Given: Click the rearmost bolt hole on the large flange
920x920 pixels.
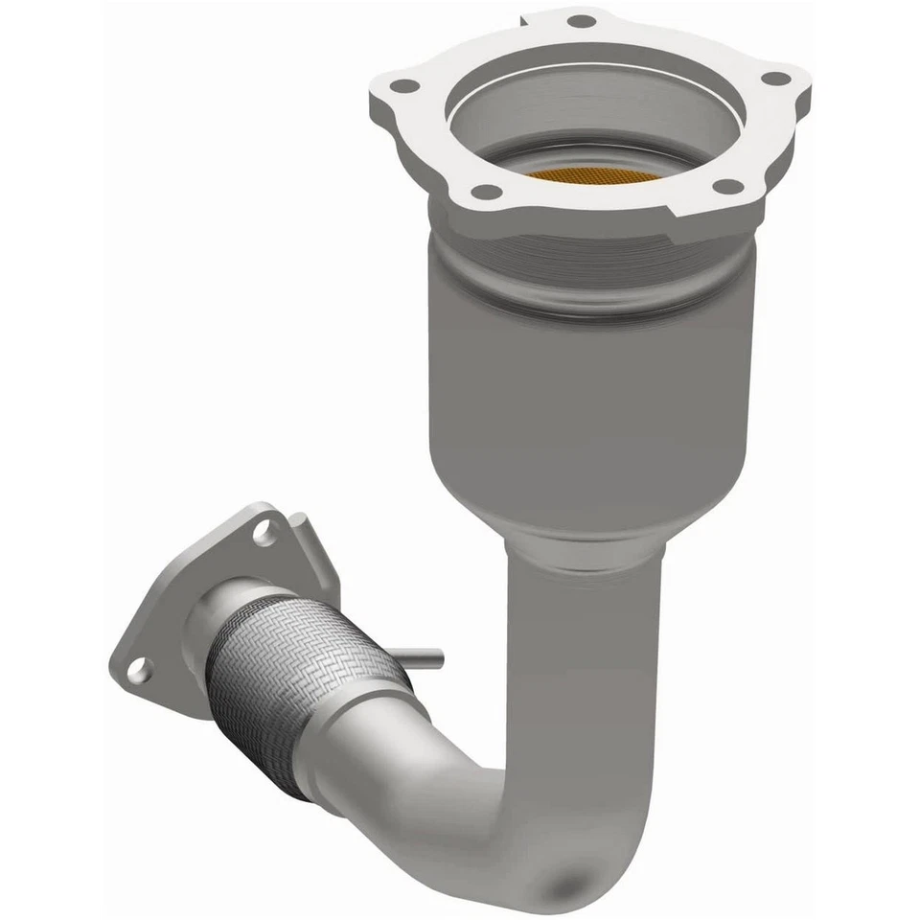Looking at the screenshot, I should [581, 20].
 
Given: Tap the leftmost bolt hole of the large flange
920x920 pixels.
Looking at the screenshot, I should [404, 86].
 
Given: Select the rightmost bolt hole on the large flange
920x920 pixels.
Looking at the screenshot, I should [776, 80].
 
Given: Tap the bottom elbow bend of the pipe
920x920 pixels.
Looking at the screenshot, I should [537, 843].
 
